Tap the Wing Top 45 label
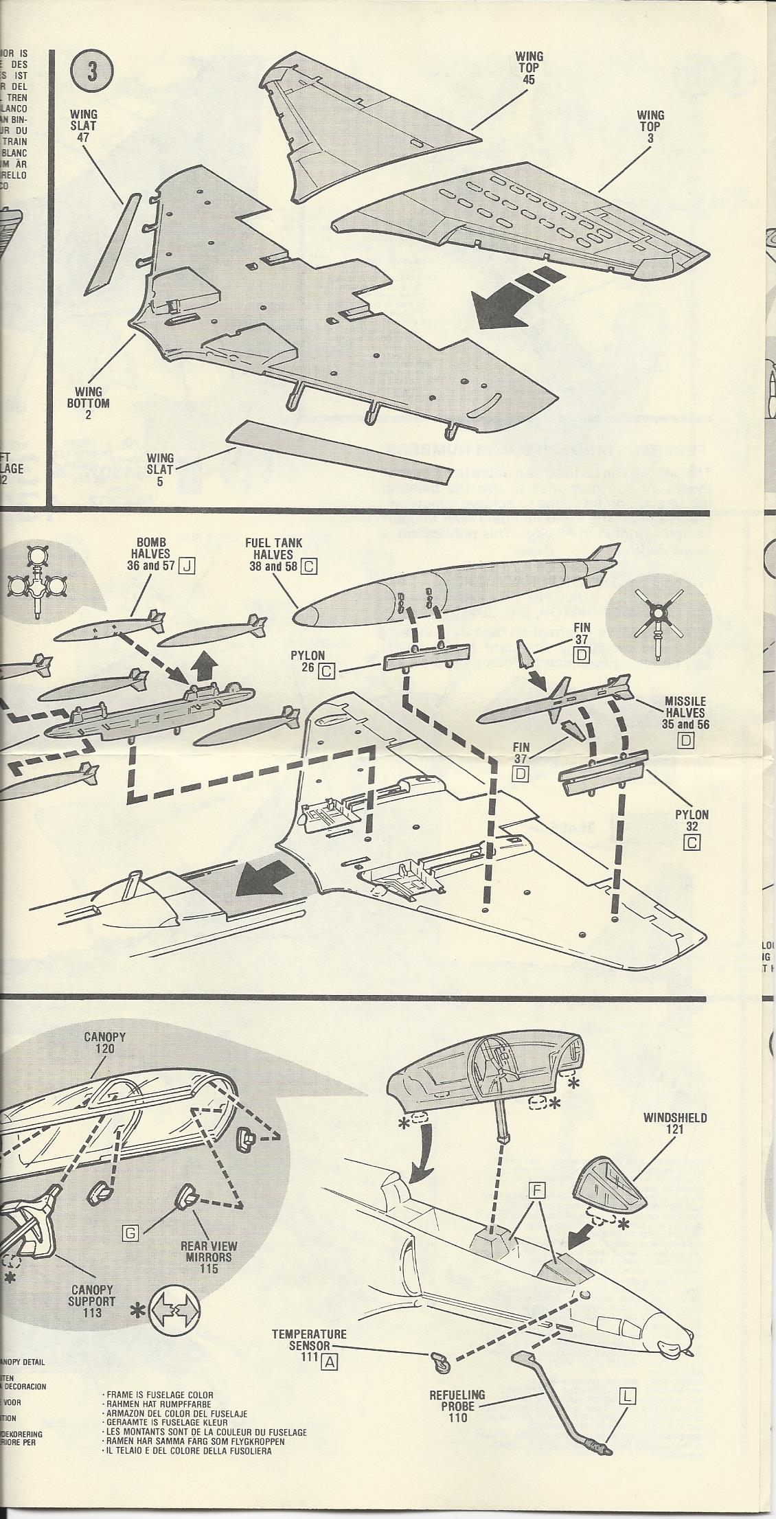tap(529, 67)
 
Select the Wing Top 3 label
tap(649, 126)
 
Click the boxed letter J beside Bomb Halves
tap(186, 566)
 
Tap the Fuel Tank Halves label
tap(273, 554)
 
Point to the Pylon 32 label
tap(692, 820)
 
